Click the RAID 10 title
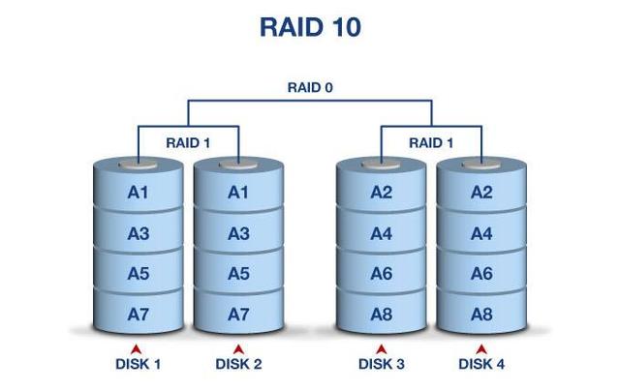click(310, 27)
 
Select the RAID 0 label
click(310, 87)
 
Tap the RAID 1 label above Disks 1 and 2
click(188, 142)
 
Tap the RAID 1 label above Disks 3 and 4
click(431, 142)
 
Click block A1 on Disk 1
click(138, 193)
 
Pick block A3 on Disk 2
click(238, 233)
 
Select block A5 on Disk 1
click(138, 274)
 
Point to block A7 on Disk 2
click(238, 315)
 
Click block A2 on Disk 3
click(382, 193)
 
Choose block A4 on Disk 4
click(481, 233)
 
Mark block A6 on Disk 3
click(382, 274)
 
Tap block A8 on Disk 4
click(481, 315)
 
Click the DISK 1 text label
click(138, 365)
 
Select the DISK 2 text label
click(238, 365)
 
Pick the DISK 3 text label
click(382, 365)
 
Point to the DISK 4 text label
click(481, 365)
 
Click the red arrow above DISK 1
click(138, 348)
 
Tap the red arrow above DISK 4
click(481, 348)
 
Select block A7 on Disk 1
click(138, 315)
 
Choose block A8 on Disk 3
click(382, 315)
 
